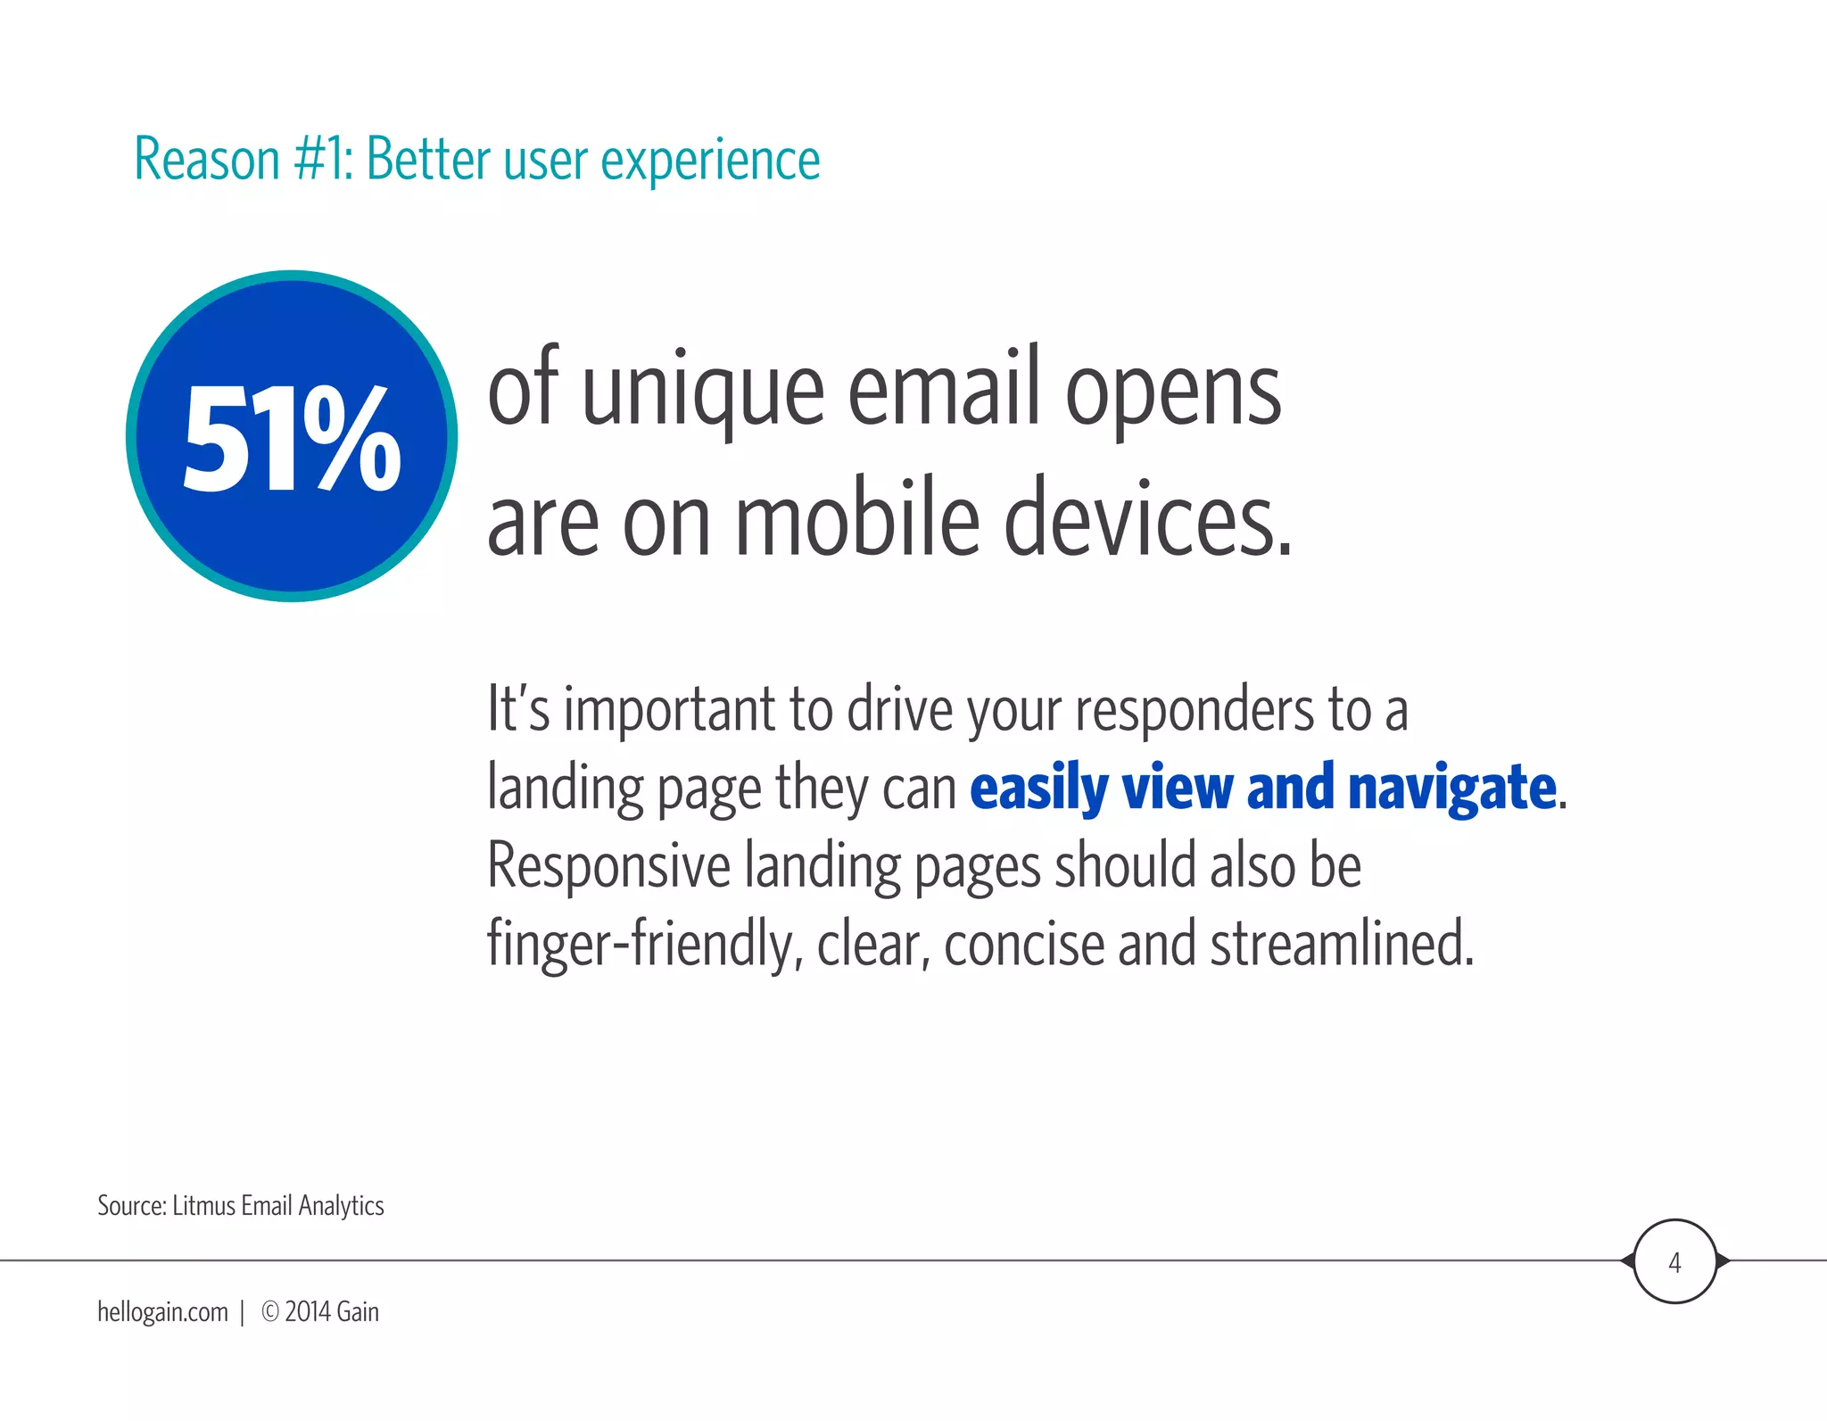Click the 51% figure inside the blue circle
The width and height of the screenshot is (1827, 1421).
(292, 439)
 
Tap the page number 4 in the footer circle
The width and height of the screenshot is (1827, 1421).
(1674, 1263)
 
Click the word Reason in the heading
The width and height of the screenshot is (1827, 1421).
(207, 161)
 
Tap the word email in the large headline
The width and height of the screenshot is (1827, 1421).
(943, 389)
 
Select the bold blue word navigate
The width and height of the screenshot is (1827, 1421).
(1451, 789)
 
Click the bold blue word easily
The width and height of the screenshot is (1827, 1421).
(1038, 789)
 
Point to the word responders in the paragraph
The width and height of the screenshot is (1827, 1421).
(1194, 712)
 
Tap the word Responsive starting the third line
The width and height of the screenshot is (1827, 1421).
(608, 867)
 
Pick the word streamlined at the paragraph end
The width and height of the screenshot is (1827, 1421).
(1341, 944)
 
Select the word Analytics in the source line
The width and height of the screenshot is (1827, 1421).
(341, 1206)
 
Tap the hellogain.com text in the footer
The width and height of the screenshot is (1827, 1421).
(162, 1312)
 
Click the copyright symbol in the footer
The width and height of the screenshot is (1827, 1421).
(269, 1311)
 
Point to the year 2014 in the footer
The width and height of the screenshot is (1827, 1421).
(308, 1312)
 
